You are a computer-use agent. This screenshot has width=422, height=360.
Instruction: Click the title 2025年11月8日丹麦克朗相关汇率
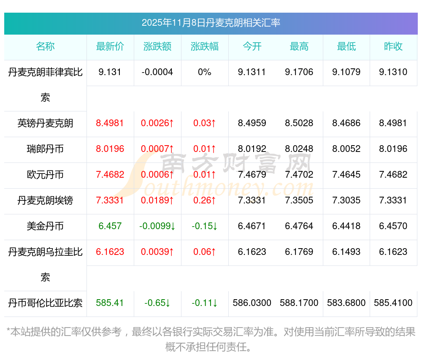point(211,23)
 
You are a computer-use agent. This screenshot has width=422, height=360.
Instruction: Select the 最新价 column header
point(110,47)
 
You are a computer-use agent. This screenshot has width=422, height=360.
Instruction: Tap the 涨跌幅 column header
point(205,47)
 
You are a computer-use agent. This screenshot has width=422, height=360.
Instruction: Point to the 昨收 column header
point(393,47)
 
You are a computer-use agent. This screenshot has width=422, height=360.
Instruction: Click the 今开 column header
point(252,47)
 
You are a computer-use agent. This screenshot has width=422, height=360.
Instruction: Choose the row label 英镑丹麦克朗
point(45,123)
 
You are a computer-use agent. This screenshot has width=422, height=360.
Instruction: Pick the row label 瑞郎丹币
point(45,149)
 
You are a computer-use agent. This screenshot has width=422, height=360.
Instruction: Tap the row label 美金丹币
point(45,226)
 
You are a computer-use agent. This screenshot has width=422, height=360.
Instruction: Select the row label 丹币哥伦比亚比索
point(45,303)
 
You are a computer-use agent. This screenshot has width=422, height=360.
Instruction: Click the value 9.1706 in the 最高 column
point(299,72)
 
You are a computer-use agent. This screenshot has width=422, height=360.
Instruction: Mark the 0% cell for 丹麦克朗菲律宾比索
point(205,72)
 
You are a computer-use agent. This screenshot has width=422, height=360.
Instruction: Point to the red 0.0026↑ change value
point(157,123)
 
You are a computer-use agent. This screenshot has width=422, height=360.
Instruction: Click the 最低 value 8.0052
point(346,149)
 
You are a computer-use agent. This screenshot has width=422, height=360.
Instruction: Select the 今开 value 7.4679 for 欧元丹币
point(252,175)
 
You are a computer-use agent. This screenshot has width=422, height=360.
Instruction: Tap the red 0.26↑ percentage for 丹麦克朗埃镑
point(205,200)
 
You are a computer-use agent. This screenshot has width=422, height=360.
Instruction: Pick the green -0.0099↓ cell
point(157,226)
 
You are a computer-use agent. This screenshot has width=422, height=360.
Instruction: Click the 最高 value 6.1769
point(299,252)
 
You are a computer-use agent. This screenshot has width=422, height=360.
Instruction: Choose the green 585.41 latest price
point(110,303)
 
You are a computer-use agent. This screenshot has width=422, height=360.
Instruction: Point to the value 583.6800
point(346,303)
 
